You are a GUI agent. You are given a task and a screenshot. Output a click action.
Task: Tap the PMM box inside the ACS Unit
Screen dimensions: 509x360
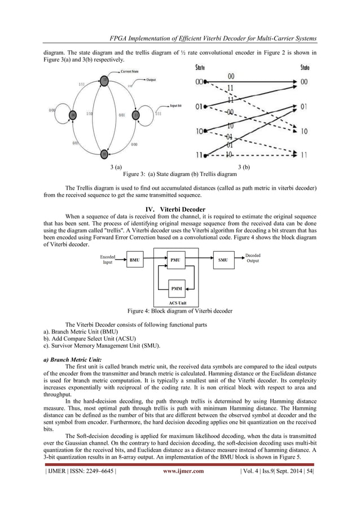click(177, 288)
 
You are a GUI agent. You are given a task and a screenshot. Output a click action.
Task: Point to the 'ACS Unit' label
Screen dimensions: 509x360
click(177, 303)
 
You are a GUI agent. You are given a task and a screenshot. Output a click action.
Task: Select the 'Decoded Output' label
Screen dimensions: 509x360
click(253, 258)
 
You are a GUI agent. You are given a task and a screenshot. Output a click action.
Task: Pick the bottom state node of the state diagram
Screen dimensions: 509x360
click(104, 153)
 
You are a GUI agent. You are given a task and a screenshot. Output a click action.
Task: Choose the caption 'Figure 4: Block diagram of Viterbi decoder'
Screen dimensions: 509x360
click(180, 311)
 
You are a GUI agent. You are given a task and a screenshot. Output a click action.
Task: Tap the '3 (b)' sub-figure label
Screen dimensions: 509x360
click(244, 167)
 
